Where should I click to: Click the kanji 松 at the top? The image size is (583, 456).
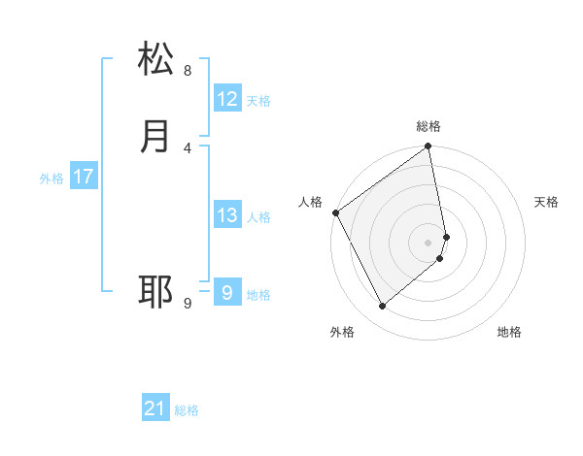tap(155, 59)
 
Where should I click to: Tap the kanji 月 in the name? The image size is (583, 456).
tap(155, 137)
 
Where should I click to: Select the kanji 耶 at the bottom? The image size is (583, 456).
tap(155, 291)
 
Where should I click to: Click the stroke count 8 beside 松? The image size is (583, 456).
tap(187, 71)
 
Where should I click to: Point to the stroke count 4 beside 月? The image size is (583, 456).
tap(187, 147)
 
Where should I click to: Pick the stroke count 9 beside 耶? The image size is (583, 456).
tap(187, 303)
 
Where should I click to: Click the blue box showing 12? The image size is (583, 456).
tap(227, 99)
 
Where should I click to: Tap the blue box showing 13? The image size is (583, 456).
tap(227, 215)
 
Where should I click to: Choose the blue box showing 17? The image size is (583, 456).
tap(84, 177)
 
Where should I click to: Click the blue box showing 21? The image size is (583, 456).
tap(155, 408)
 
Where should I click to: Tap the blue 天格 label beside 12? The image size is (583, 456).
tap(258, 101)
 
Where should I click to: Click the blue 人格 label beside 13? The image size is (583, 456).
tap(258, 217)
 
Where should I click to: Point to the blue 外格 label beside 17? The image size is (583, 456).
tap(51, 179)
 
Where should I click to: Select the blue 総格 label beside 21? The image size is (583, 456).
tap(187, 410)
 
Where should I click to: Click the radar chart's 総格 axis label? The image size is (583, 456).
tap(429, 126)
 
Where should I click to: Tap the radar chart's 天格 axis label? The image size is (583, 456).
tap(546, 202)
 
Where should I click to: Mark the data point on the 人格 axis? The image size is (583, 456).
tap(335, 212)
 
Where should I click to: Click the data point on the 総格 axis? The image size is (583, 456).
tap(429, 147)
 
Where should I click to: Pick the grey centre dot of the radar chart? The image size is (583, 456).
tap(429, 242)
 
